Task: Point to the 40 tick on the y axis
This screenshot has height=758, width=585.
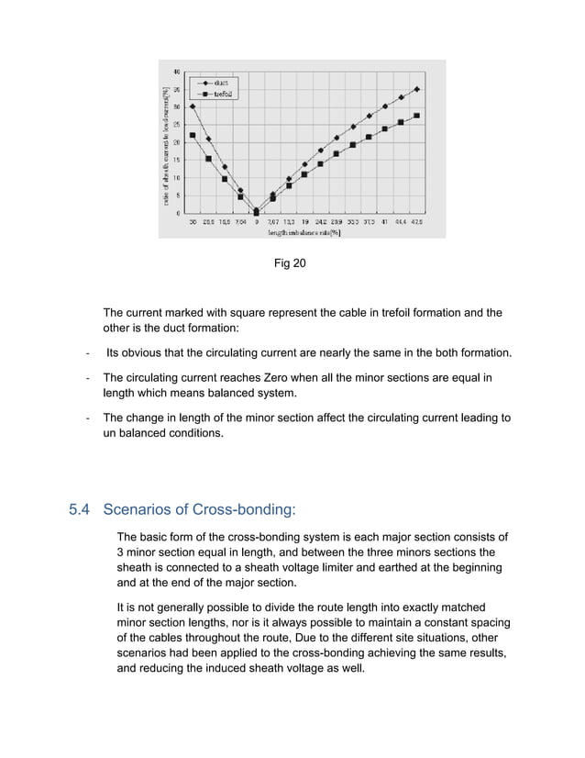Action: point(176,72)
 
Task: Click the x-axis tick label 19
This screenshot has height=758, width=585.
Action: point(304,222)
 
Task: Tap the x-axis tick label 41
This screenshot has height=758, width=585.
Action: point(385,222)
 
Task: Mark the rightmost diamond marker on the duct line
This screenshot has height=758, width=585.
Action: point(417,89)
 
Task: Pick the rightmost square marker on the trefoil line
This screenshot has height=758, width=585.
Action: point(417,116)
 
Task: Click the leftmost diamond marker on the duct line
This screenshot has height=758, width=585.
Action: point(193,106)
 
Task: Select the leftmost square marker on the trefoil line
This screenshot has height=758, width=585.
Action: point(193,136)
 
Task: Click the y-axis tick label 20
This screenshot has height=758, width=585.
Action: point(176,142)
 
